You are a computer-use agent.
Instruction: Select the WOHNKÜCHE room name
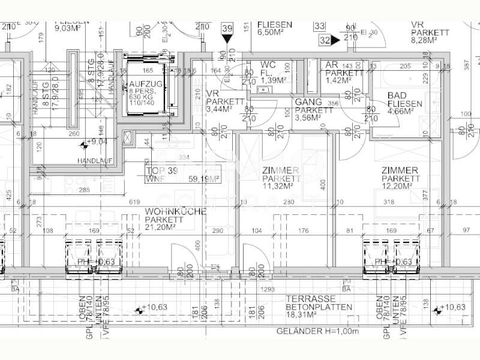(175, 212)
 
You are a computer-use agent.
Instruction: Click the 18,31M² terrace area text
(307, 314)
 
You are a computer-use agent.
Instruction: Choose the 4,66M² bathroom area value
(401, 111)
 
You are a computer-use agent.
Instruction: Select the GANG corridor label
(308, 102)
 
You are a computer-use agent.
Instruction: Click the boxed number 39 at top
(227, 28)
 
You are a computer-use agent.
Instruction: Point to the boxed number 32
(325, 40)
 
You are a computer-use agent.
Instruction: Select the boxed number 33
(319, 26)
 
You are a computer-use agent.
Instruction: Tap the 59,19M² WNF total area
(203, 178)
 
